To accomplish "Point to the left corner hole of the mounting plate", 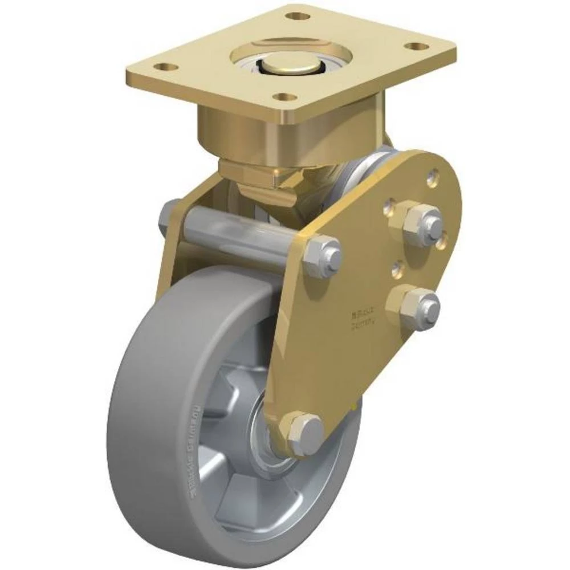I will (x=166, y=67).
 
